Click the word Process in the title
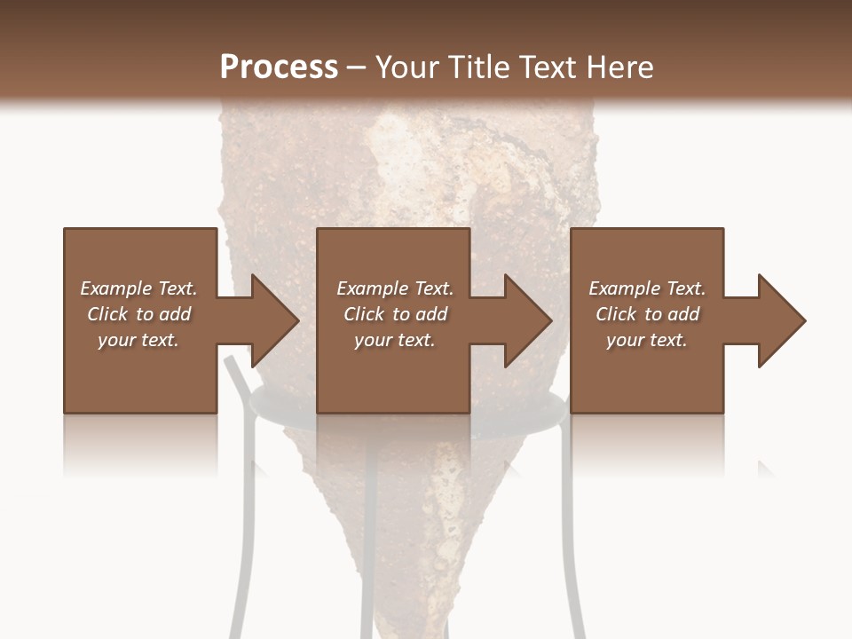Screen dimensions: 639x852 coord(279,67)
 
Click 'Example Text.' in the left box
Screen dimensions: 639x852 coord(138,288)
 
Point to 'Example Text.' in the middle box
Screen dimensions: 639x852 coord(395,288)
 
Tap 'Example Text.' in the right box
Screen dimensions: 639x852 coord(647,288)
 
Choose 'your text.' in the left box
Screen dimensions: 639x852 coord(138,340)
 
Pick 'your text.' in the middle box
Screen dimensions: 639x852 coord(395,340)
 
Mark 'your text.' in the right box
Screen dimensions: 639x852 coord(647,340)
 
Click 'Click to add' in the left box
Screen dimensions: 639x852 coord(138,314)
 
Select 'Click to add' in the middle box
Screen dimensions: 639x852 coord(395,314)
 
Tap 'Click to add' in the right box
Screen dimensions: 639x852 coord(647,314)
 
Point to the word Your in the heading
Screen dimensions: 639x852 coord(406,67)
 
